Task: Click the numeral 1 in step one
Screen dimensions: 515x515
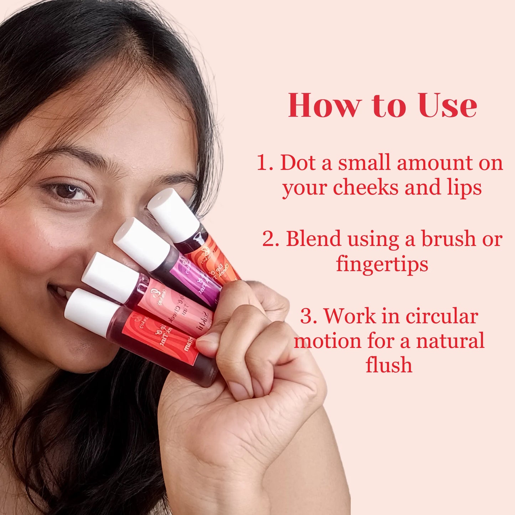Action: [263, 163]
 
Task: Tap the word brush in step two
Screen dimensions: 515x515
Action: [449, 239]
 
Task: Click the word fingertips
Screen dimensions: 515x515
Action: [382, 264]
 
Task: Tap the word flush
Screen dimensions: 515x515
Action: [389, 366]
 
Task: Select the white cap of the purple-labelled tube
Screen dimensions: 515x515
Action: [141, 244]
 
